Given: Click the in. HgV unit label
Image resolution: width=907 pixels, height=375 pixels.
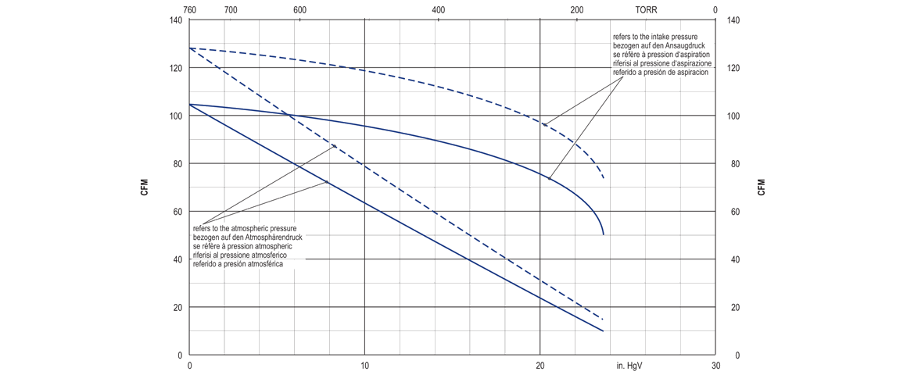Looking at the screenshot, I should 630,365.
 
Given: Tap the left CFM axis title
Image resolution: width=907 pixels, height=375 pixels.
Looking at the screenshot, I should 145,187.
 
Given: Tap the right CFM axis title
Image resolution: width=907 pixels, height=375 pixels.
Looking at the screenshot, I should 761,187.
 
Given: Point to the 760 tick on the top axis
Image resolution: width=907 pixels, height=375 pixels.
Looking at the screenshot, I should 189,10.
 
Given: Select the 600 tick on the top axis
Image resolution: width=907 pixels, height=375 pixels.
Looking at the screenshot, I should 299,10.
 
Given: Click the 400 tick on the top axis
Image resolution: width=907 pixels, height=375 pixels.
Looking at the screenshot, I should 438,10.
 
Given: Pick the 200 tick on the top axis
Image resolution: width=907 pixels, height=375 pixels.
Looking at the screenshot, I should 576,10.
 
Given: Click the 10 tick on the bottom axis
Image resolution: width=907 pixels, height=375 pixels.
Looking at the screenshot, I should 365,365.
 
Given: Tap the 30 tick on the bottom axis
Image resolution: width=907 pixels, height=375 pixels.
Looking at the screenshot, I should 715,365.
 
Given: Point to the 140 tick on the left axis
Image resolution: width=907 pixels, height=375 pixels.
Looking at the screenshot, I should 175,20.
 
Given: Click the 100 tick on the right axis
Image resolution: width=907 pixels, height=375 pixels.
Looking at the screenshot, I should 733,116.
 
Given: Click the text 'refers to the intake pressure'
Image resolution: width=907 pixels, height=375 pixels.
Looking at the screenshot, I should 655,37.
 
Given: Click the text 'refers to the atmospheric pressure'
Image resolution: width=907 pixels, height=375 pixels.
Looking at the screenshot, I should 244,228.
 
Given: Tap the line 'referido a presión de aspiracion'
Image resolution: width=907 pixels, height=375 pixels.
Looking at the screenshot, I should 660,72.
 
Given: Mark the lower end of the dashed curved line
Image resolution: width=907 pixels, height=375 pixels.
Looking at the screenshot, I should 604,179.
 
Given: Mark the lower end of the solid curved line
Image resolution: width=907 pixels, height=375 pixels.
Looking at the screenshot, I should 604,234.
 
